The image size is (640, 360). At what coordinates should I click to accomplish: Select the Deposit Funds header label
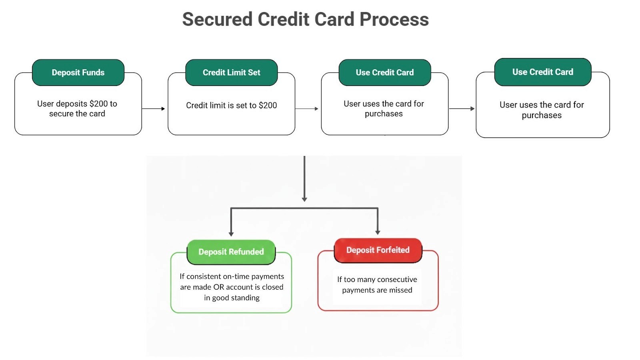pos(78,72)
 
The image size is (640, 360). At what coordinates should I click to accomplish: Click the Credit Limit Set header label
pos(231,72)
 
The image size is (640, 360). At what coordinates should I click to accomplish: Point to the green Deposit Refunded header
pos(231,252)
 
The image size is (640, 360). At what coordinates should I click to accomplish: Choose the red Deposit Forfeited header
pos(378,250)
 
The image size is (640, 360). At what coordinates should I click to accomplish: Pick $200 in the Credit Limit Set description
pos(268,105)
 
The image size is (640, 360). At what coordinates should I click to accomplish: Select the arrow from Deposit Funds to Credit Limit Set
pos(154,108)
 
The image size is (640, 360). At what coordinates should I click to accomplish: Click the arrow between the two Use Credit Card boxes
pos(462,108)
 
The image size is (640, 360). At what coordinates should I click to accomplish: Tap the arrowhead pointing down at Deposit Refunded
pos(231,234)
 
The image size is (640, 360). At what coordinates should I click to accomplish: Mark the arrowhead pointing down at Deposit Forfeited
pos(378,232)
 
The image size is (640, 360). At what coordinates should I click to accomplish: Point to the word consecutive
pos(395,279)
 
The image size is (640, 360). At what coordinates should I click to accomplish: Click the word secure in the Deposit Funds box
pos(61,114)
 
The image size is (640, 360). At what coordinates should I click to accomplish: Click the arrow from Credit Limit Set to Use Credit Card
pos(307,108)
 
